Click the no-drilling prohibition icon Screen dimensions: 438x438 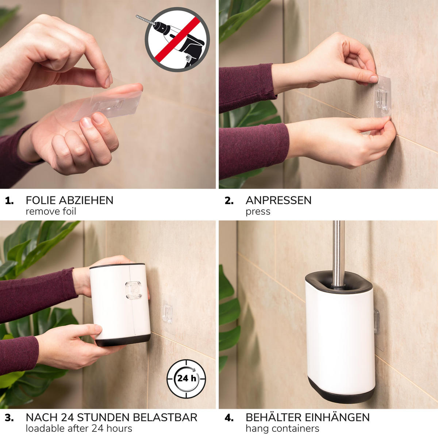click(177, 40)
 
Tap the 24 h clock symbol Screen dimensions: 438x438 click(186, 379)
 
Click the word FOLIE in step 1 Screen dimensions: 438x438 click(41, 200)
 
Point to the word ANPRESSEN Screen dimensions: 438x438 click(278, 200)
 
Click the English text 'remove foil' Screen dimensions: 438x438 click(51, 211)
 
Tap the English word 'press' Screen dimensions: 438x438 click(258, 212)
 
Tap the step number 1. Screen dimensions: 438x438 click(9, 200)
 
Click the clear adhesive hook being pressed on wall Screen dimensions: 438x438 click(383, 97)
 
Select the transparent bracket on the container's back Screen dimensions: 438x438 click(134, 290)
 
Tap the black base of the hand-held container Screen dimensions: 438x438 click(123, 340)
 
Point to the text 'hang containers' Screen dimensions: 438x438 click(282, 429)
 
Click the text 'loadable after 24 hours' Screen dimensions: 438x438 click(79, 429)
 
